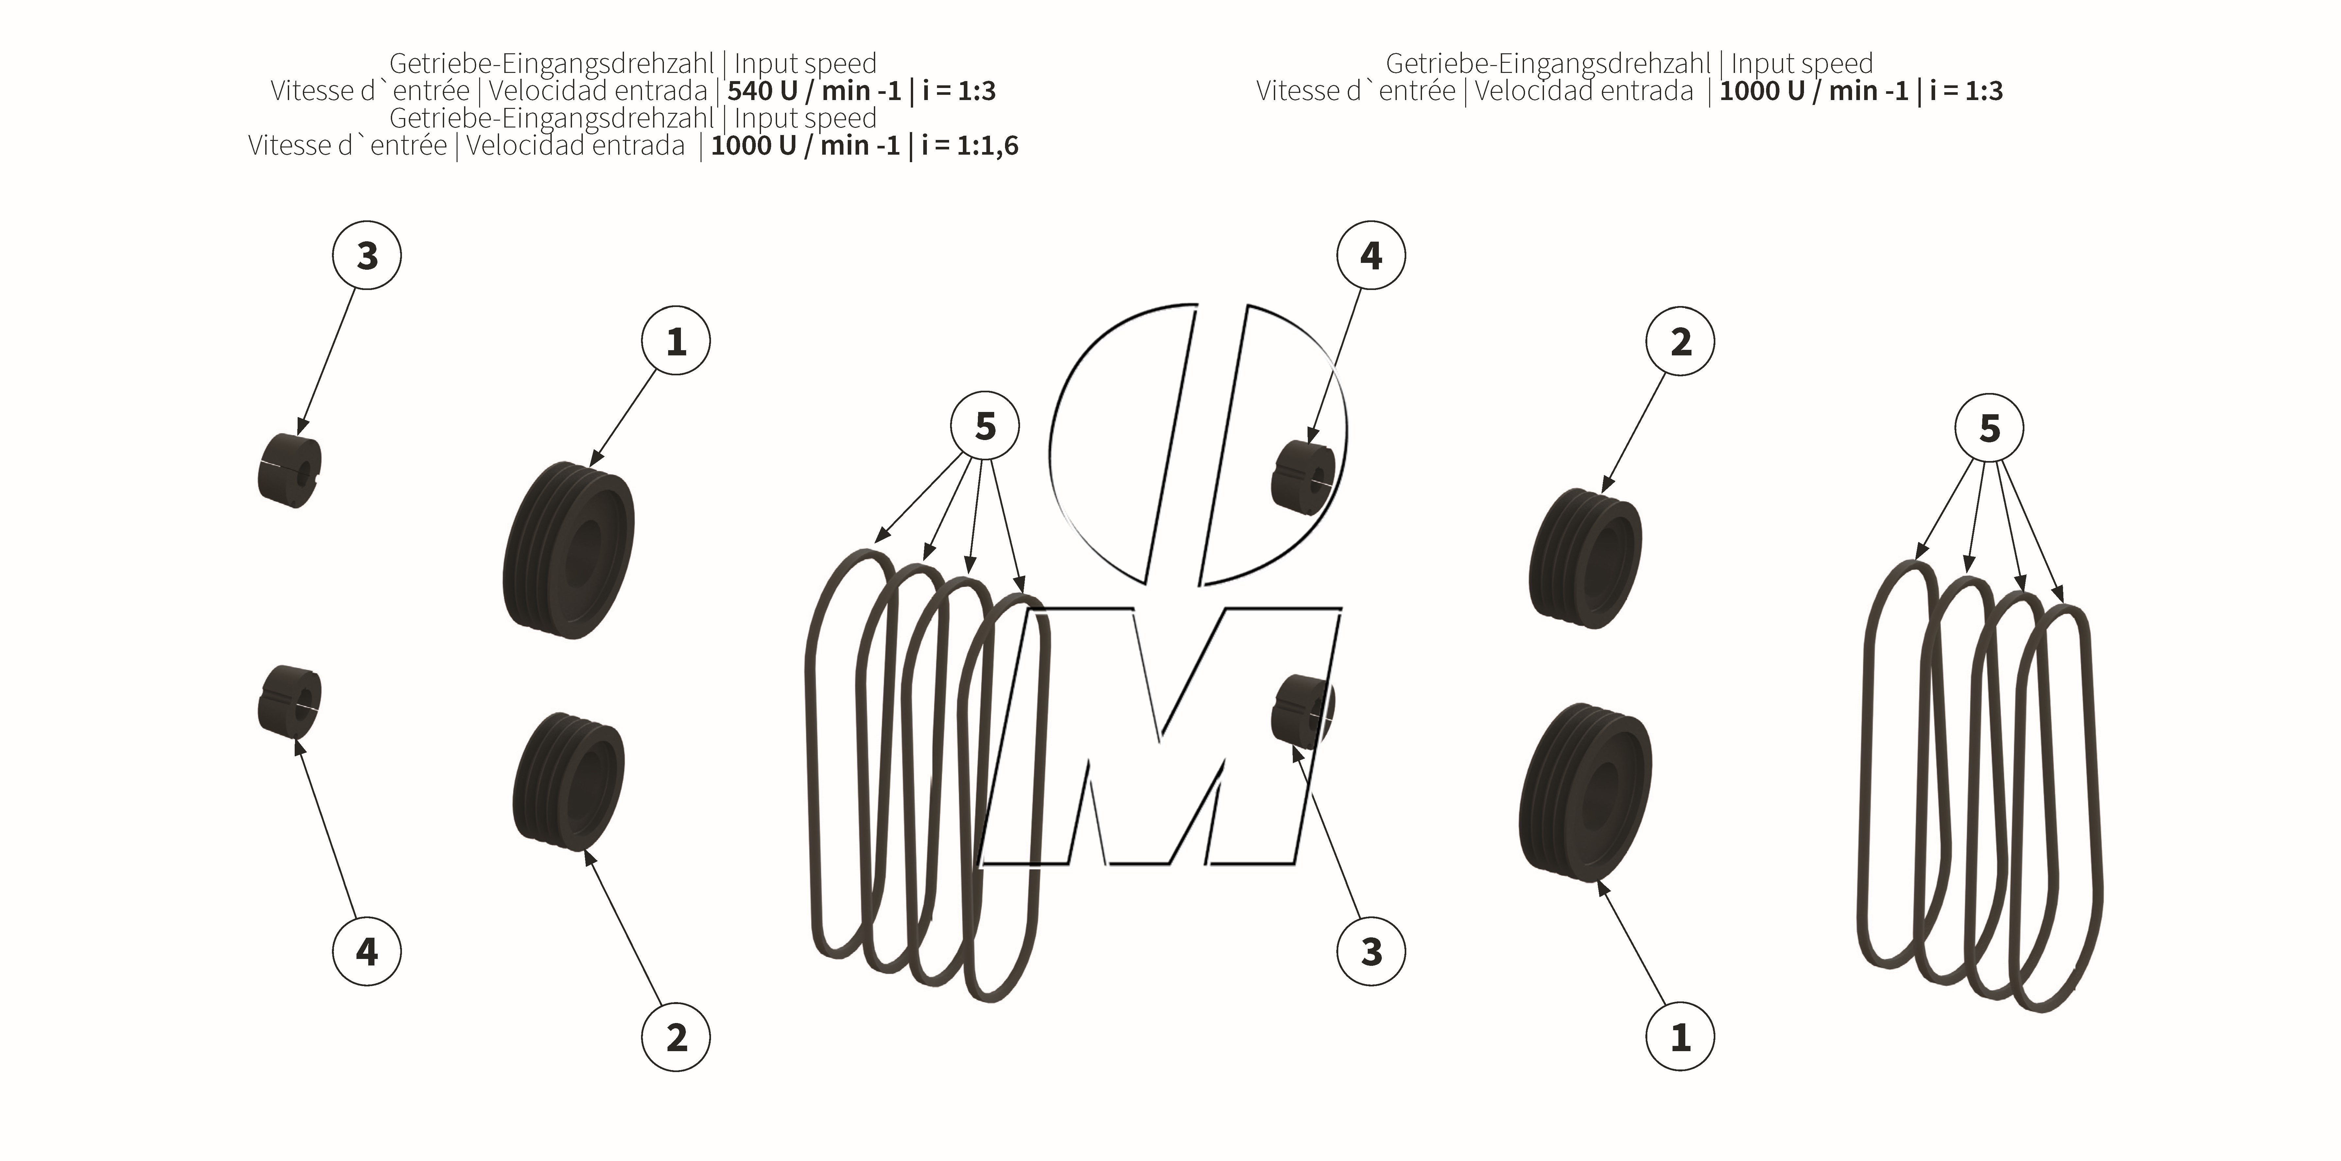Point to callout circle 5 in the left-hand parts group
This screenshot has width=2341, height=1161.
(x=985, y=426)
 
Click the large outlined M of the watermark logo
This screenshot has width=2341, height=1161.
(x=1159, y=736)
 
